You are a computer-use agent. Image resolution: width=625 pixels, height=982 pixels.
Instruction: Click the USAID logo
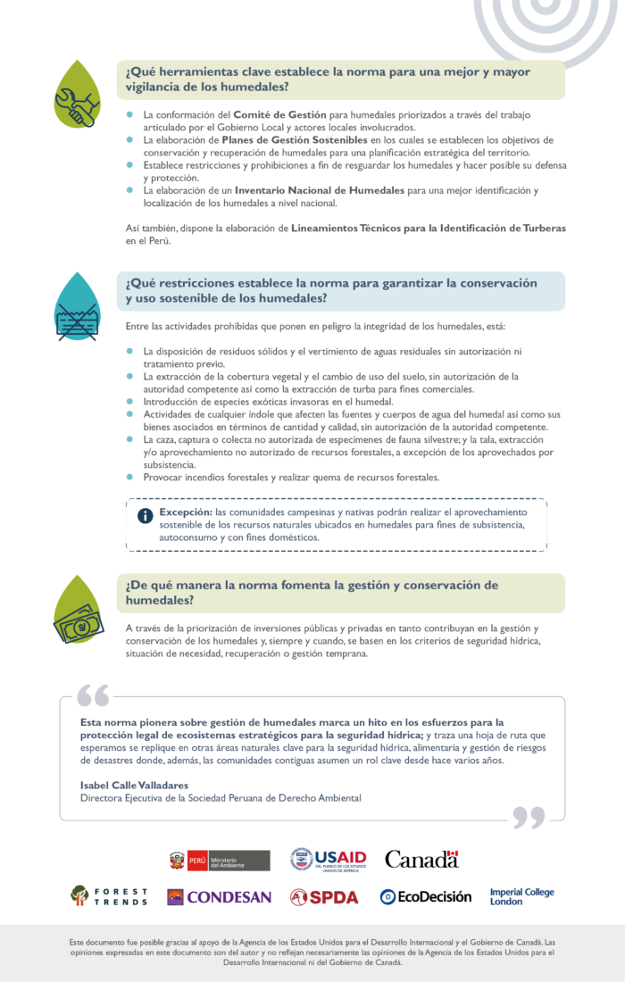(x=328, y=860)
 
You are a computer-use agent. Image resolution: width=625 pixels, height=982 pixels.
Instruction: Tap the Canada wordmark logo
(x=421, y=859)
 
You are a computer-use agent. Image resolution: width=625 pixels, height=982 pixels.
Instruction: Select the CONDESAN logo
(x=219, y=896)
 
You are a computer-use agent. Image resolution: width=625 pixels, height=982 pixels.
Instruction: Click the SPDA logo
(x=324, y=896)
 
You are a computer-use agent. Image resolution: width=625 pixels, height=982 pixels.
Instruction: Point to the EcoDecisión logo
(x=425, y=896)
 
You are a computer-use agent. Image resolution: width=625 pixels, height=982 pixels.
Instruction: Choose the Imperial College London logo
(x=521, y=896)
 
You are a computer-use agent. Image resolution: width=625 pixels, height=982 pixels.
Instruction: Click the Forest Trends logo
(x=109, y=896)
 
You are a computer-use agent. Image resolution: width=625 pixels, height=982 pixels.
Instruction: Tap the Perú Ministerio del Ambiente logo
(x=220, y=860)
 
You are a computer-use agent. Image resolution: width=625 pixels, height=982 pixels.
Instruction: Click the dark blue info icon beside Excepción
(x=145, y=516)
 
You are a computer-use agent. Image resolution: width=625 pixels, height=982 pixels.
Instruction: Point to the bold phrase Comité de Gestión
(x=279, y=115)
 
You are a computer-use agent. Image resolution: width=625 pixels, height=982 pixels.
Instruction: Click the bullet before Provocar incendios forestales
(x=129, y=477)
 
